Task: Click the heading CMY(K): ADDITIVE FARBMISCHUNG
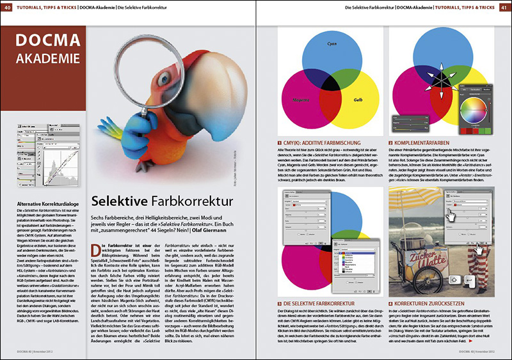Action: click(x=324, y=143)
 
